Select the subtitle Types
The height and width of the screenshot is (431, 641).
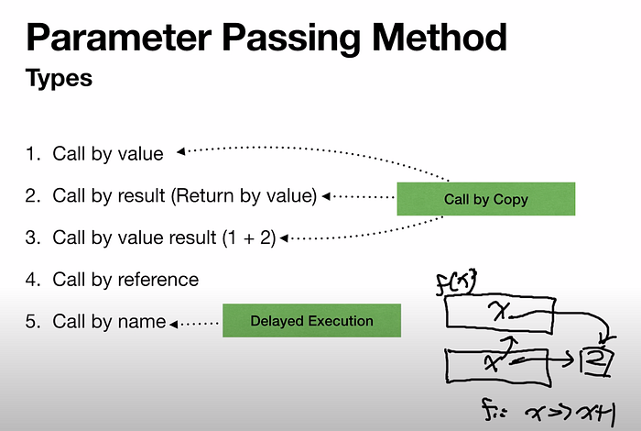coord(59,78)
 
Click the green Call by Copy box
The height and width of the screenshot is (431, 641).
coord(485,199)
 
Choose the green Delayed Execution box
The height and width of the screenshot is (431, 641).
coord(312,321)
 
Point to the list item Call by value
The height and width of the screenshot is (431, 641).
coord(107,153)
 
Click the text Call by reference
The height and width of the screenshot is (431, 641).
coord(125,279)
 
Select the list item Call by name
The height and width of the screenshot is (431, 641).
coord(109,321)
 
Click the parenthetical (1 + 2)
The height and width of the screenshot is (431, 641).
coord(248,238)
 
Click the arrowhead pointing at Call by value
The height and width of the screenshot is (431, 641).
coord(181,150)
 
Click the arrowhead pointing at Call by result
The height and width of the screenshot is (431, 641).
coord(324,196)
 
